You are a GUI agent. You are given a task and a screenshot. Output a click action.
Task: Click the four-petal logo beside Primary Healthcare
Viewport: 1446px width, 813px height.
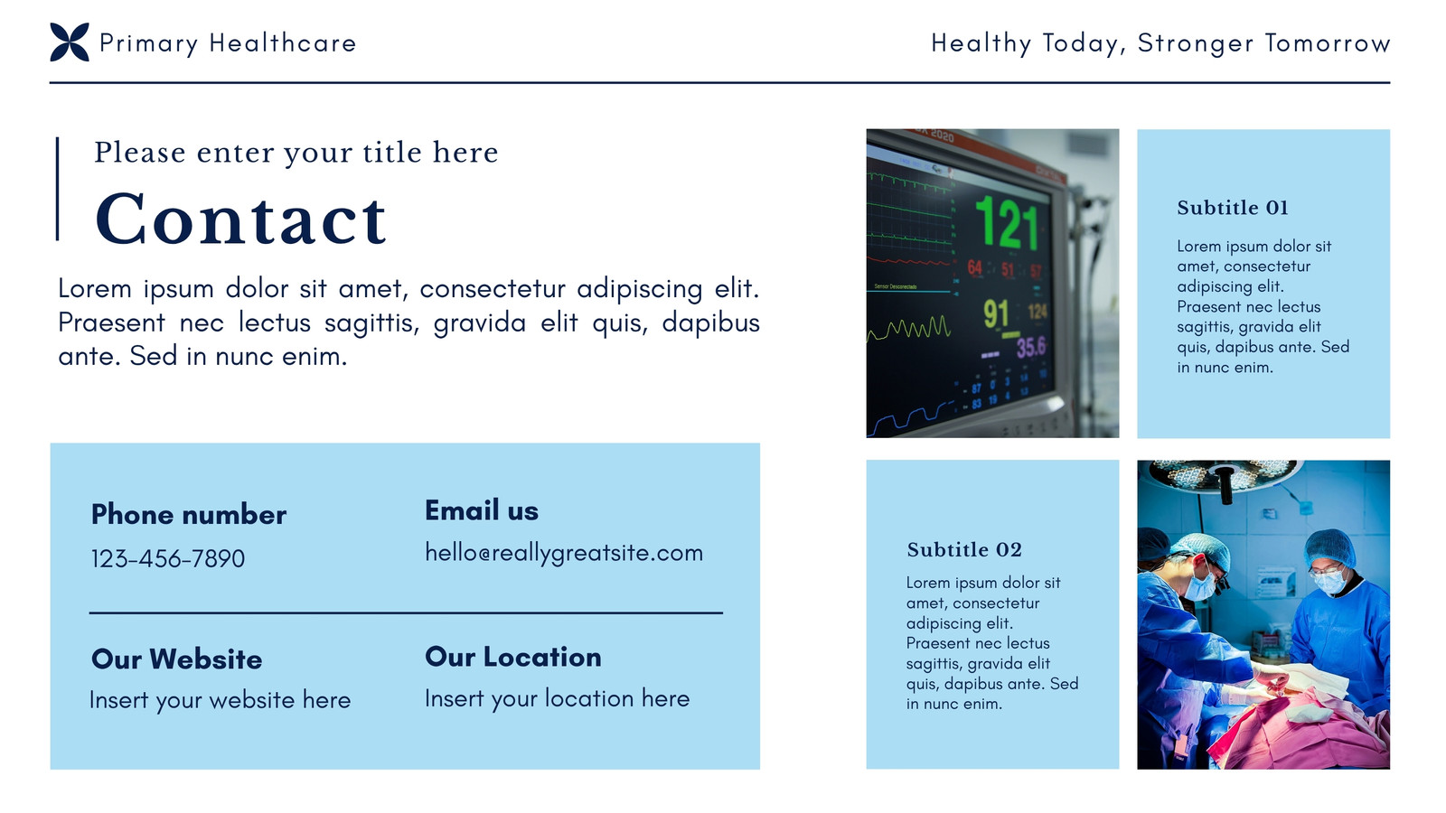coord(70,42)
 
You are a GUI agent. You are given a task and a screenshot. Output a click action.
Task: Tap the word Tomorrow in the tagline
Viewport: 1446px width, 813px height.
coord(1328,43)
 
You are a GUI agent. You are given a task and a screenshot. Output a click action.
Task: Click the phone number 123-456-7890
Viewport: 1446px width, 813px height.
coord(168,559)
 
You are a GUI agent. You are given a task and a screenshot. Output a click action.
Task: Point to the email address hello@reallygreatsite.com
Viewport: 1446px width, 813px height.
coord(564,554)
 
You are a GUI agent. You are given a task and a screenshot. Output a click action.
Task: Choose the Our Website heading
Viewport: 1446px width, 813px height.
coord(177,659)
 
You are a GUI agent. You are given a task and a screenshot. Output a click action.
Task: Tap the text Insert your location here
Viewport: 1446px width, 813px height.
coord(557,699)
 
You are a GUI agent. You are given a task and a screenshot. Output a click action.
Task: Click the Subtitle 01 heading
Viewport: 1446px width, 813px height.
coord(1233,208)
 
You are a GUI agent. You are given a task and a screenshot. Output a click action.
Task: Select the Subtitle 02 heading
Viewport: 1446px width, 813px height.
coord(964,550)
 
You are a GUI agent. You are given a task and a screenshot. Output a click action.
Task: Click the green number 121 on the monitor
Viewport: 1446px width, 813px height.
coord(1007,222)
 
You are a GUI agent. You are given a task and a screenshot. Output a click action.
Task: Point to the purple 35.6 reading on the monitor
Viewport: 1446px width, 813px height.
coord(1031,347)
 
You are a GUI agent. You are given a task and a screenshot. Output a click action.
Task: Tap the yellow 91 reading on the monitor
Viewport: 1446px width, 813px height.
coord(996,314)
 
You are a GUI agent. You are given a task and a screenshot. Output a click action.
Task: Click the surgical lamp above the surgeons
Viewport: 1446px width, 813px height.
coord(1224,476)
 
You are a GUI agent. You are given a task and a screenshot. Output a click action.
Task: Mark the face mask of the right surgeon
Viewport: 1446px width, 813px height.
coord(1329,582)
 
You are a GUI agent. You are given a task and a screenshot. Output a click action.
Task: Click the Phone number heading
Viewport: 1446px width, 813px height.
coord(189,515)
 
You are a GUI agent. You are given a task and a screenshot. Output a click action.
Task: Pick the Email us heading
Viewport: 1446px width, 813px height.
coord(482,510)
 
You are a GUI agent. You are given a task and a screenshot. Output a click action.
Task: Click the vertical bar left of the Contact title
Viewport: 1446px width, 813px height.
coord(58,189)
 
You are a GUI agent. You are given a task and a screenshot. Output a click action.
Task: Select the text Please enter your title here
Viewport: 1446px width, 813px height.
coord(296,154)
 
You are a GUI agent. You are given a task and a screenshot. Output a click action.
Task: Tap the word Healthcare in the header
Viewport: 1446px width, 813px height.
coord(283,43)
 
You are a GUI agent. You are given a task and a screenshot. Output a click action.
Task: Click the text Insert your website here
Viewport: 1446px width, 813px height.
coord(221,701)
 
